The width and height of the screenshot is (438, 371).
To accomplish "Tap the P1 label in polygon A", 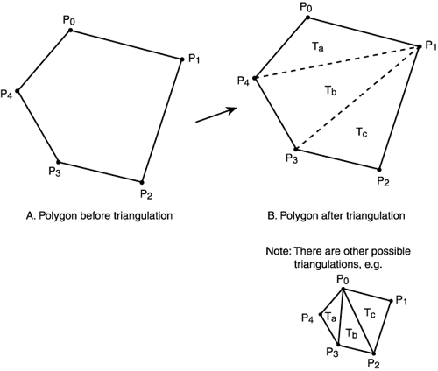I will pos(194,59).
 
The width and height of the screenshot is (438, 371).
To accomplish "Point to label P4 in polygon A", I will pos(7,93).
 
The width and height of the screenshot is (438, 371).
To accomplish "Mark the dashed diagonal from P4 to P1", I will pos(342,63).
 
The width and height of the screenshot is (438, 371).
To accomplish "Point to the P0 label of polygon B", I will pos(306,8).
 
